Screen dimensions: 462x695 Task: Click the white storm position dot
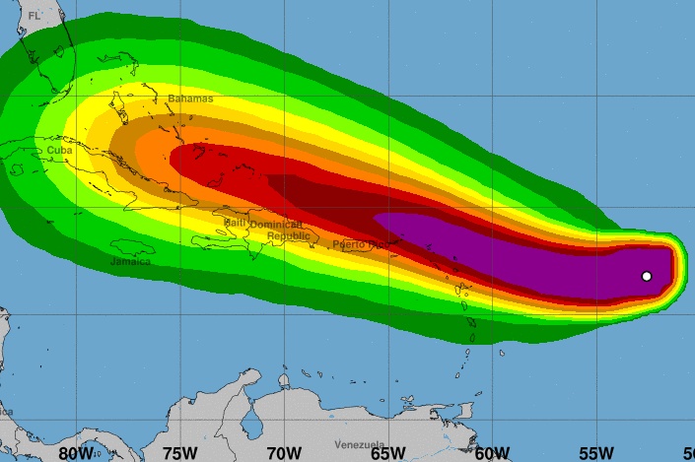coord(647,276)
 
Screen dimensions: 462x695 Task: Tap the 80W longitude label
coord(76,452)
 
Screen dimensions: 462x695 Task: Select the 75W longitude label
coord(180,452)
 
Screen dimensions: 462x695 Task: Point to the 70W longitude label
coord(283,452)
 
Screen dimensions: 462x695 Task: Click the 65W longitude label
coord(387,452)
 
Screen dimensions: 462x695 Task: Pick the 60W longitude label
coord(491,452)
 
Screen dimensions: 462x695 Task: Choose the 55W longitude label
coord(595,452)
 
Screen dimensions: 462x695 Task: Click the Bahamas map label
coord(189,99)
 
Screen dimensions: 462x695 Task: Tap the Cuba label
coord(59,150)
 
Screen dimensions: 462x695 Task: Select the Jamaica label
coord(130,261)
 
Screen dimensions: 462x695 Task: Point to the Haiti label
coord(235,223)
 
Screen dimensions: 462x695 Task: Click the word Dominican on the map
coord(276,225)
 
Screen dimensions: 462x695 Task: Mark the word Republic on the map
coord(288,235)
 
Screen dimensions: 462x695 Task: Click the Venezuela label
coord(359,444)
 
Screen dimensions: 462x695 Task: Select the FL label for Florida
coord(35,16)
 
